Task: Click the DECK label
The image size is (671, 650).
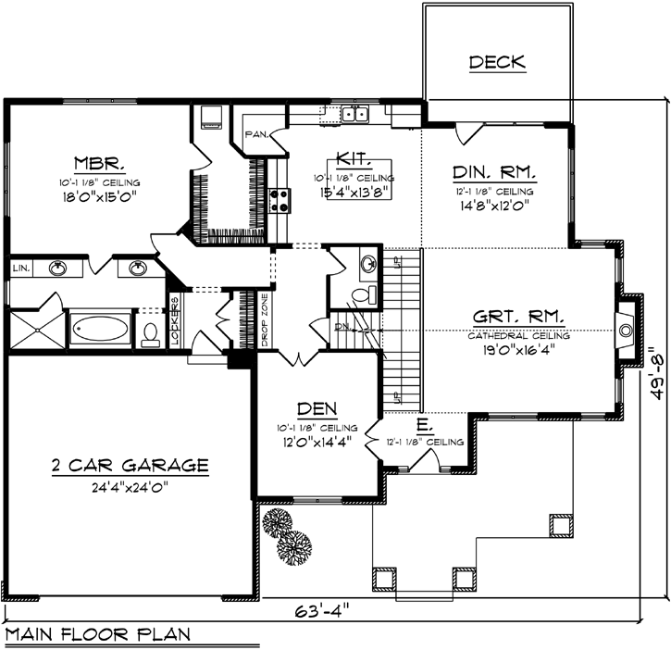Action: pos(497,63)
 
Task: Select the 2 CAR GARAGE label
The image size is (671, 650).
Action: pos(130,465)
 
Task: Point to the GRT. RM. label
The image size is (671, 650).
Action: pos(518,317)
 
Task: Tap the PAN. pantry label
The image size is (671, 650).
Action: pos(256,135)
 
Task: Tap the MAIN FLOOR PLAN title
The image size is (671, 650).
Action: pos(97,635)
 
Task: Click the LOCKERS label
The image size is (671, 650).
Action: pos(173,321)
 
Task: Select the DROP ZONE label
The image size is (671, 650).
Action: pos(264,320)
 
